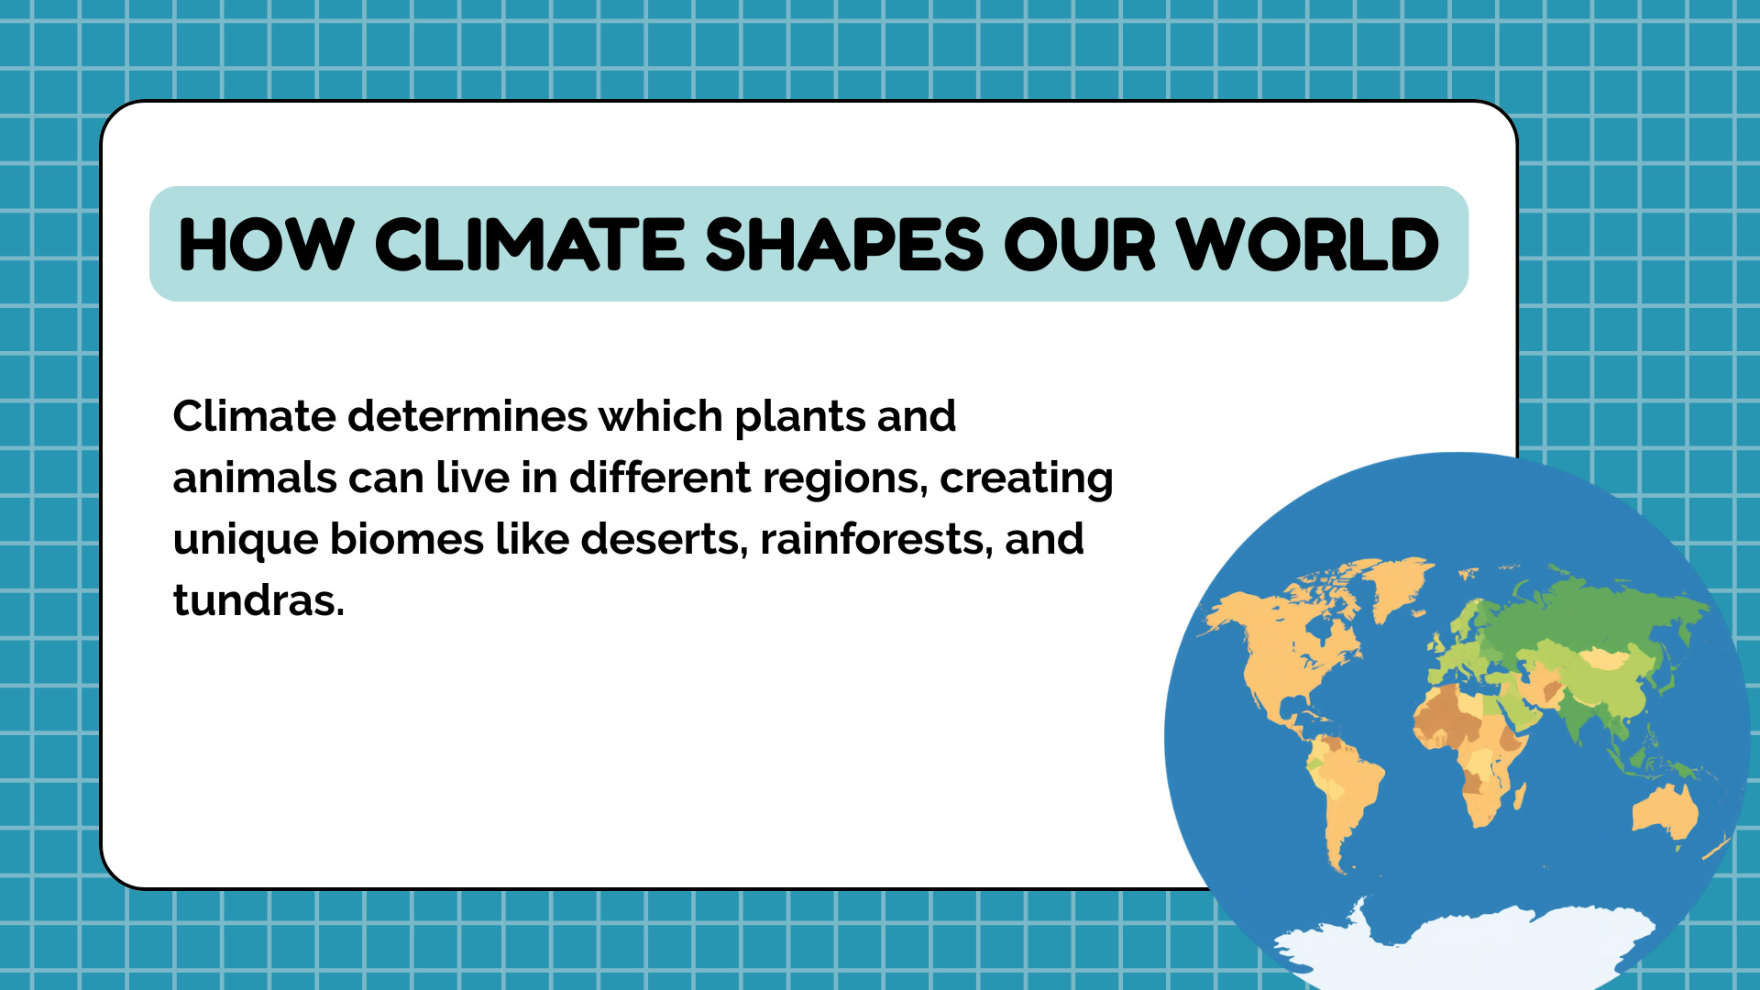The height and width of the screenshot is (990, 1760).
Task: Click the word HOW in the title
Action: (x=266, y=246)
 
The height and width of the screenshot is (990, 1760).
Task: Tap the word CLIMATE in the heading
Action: (x=530, y=246)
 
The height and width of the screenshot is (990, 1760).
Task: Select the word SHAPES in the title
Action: (x=844, y=246)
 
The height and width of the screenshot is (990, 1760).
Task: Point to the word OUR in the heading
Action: (x=1080, y=246)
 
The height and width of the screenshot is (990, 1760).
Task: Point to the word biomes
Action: (x=406, y=539)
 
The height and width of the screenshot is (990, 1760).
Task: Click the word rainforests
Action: (x=876, y=539)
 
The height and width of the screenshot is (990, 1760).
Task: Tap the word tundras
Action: (x=258, y=600)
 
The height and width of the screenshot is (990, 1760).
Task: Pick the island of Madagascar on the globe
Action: (x=1519, y=796)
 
